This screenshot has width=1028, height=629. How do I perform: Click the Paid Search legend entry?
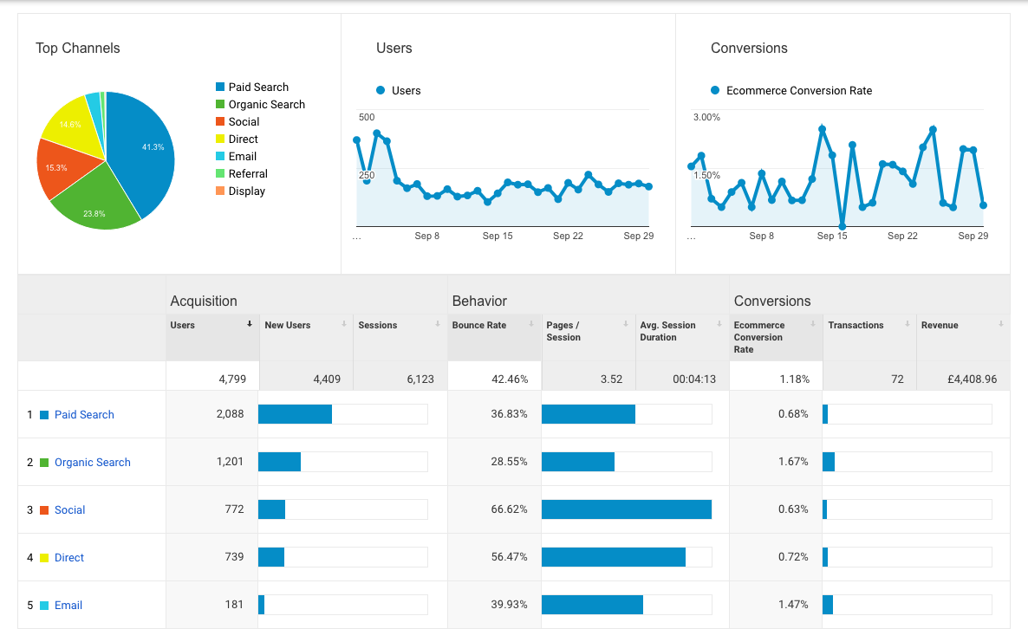[257, 88]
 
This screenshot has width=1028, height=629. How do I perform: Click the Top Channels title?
[78, 49]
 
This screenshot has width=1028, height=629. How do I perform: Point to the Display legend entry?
[246, 191]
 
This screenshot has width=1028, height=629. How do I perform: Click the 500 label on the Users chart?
[367, 118]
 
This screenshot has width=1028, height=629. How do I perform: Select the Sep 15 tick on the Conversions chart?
[832, 236]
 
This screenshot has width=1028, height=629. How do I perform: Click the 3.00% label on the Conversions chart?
[706, 118]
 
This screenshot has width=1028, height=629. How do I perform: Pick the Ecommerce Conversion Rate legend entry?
[798, 91]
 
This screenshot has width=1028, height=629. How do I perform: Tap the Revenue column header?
[940, 326]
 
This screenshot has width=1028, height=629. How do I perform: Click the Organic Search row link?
[92, 463]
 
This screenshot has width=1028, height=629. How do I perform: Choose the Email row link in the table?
[68, 606]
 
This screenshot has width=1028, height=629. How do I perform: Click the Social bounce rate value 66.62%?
[509, 509]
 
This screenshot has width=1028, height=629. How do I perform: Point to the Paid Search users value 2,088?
[230, 415]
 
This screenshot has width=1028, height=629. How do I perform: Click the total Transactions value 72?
[896, 379]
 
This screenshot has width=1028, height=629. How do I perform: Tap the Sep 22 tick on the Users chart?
[568, 236]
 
